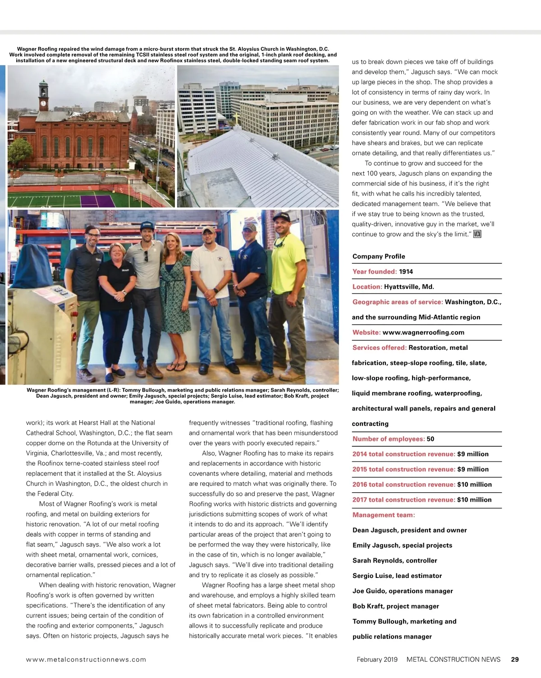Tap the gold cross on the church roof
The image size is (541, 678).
(235, 118)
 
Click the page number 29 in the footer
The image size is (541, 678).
(515, 659)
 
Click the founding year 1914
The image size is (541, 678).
(406, 271)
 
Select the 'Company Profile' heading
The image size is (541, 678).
(379, 256)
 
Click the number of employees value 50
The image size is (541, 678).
(430, 439)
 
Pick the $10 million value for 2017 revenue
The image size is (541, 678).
(474, 499)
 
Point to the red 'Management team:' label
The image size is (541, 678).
(384, 515)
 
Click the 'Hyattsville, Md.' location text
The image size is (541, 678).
(409, 287)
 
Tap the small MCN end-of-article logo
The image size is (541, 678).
(477, 234)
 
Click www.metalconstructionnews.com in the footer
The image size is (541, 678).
(86, 659)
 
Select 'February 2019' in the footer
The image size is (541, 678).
(377, 659)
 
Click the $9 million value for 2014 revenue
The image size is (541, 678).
(472, 454)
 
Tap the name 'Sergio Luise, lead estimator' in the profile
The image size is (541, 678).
(397, 576)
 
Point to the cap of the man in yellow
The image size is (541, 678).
(281, 216)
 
